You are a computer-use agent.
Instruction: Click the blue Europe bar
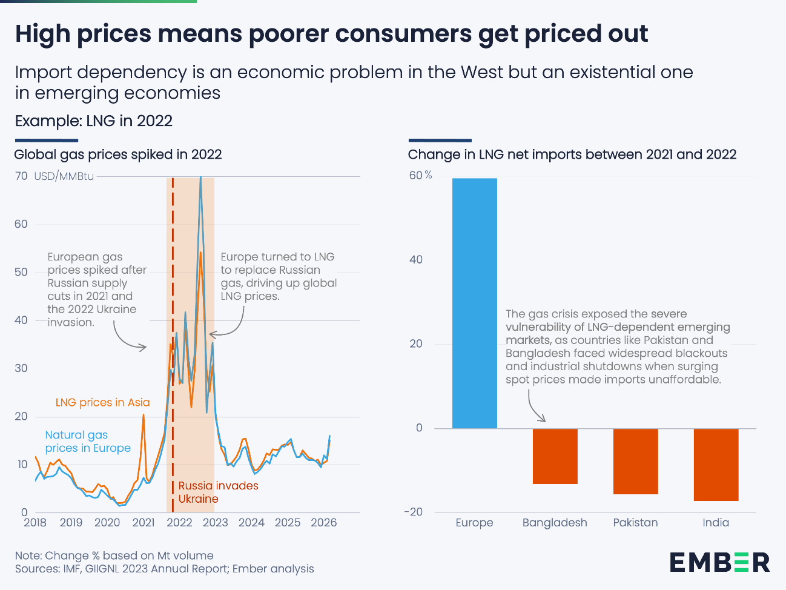[x=474, y=303]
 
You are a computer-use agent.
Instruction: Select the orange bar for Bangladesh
[x=555, y=456]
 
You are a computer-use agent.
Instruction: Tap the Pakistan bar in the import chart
[x=635, y=461]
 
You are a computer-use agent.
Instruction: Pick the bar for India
[x=716, y=465]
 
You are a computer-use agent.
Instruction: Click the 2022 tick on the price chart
[x=179, y=523]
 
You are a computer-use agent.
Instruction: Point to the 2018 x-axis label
[x=35, y=523]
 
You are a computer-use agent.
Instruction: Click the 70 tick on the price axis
[x=21, y=176]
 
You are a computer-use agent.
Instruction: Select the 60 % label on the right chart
[x=420, y=176]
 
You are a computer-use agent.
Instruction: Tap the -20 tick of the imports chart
[x=414, y=512]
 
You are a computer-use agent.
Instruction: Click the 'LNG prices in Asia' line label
[x=102, y=403]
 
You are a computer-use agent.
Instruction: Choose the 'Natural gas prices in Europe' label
[x=88, y=442]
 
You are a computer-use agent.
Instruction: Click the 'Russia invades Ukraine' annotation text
[x=218, y=492]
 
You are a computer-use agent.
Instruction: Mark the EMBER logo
[x=719, y=562]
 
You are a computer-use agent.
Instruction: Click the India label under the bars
[x=716, y=523]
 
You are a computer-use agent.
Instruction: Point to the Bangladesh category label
[x=555, y=523]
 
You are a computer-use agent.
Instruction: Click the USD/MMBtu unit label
[x=64, y=176]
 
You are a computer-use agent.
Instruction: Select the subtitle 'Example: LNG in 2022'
[x=94, y=121]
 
